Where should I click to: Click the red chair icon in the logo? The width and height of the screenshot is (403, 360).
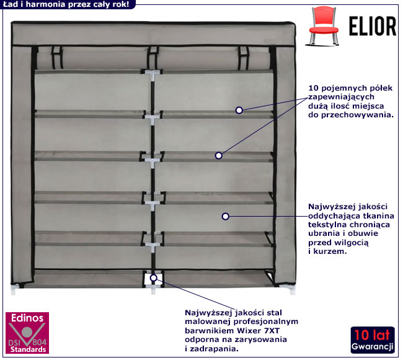(x=323, y=26)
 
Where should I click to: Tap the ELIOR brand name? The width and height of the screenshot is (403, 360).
(x=373, y=26)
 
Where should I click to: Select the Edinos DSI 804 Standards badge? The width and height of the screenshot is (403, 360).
(x=27, y=333)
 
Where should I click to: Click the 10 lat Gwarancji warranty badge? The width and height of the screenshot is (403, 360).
(x=373, y=340)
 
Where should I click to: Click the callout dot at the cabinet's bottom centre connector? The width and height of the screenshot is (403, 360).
(x=153, y=278)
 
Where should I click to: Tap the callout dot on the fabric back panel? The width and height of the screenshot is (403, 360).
(x=226, y=217)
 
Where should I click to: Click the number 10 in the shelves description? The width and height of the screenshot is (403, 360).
(x=313, y=88)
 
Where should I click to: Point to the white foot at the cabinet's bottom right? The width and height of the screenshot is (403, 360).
(x=292, y=290)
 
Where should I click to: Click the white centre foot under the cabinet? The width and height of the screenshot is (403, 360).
(x=153, y=289)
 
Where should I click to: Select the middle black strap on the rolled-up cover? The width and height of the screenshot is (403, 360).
(x=153, y=58)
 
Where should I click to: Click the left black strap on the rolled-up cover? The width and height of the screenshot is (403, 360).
(x=57, y=58)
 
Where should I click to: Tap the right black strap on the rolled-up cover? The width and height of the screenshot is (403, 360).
(x=243, y=58)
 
